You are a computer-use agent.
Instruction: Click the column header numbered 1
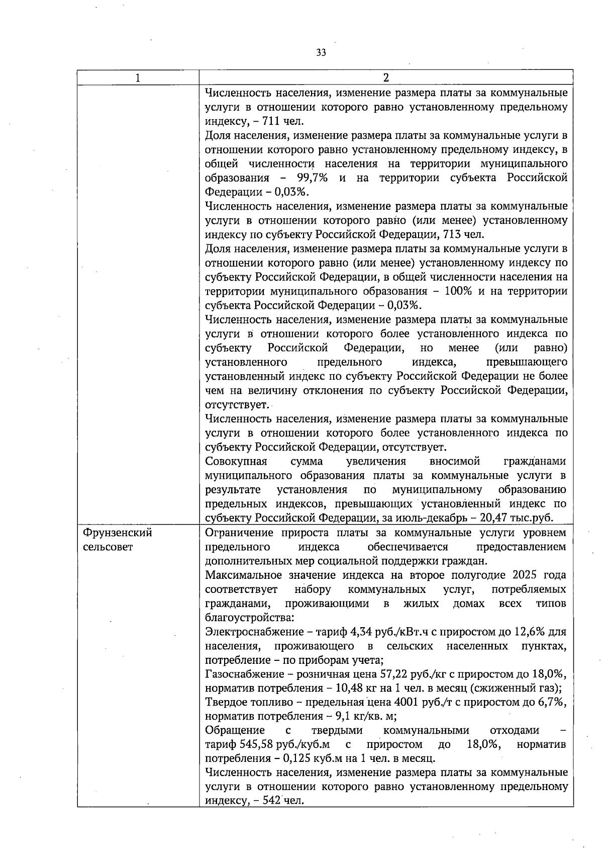pos(138,78)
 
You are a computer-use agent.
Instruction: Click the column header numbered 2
pos(385,78)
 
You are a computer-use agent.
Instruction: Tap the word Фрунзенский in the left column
pos(117,533)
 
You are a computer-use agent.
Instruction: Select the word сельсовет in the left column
pos(108,547)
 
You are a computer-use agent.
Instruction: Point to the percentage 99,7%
pos(312,178)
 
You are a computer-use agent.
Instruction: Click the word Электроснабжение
pos(247,632)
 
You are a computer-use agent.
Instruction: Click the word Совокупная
pos(236,462)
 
